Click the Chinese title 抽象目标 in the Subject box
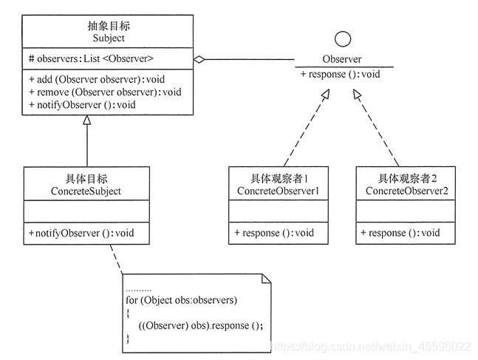tap(109, 26)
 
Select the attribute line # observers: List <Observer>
tap(91, 58)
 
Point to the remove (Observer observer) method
tap(105, 92)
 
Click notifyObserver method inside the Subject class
tap(82, 104)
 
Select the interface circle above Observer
tap(342, 38)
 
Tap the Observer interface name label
tap(342, 59)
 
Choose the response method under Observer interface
tap(341, 74)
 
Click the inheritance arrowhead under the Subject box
tap(87, 121)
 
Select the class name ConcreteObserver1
tap(278, 191)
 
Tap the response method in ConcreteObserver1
tap(274, 233)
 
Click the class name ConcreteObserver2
tap(406, 191)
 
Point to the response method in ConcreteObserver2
tap(400, 233)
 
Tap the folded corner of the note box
tap(267, 279)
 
